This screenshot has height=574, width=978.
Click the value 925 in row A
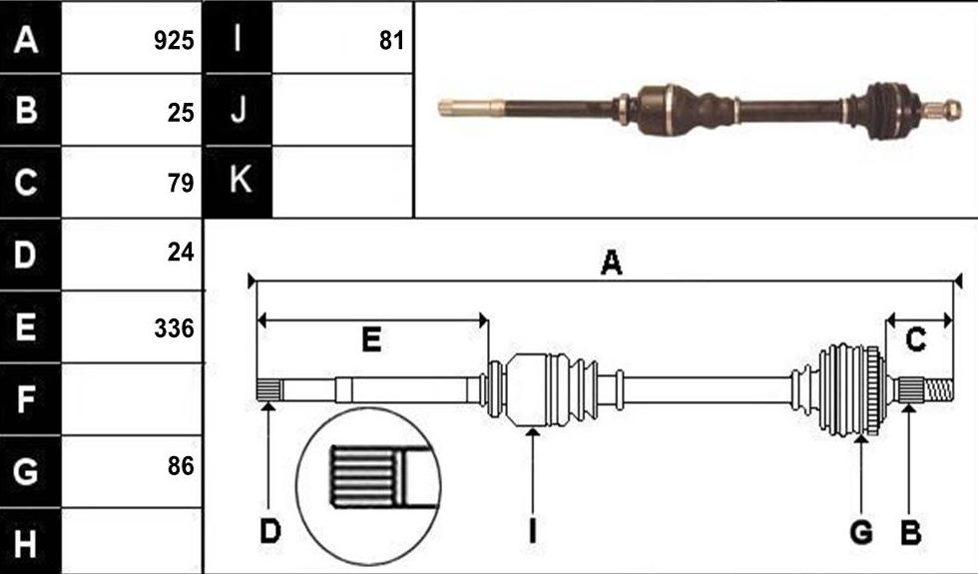[x=174, y=41]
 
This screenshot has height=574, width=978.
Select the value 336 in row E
[x=174, y=328]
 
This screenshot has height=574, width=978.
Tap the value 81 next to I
[x=391, y=41]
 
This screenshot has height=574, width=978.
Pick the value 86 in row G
[x=181, y=465]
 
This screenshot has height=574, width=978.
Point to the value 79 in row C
[x=181, y=183]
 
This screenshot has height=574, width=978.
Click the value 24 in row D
[x=181, y=252]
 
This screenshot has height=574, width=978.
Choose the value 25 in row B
[x=181, y=112]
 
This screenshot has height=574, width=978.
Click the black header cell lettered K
[x=239, y=182]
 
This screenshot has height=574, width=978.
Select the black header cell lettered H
[x=31, y=541]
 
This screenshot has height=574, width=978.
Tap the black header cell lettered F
[x=31, y=398]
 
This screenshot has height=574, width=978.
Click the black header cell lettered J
[x=239, y=110]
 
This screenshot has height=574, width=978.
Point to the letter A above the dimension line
[x=611, y=263]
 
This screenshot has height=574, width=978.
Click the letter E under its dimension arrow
[x=371, y=340]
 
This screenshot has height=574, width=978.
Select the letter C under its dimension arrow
[x=916, y=340]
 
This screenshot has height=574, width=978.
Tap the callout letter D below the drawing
[x=270, y=532]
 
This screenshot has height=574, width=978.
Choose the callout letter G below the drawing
[x=860, y=533]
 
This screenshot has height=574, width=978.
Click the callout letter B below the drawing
[x=910, y=533]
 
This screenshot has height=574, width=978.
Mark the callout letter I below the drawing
[x=532, y=532]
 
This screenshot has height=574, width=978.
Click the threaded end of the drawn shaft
[x=938, y=390]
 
